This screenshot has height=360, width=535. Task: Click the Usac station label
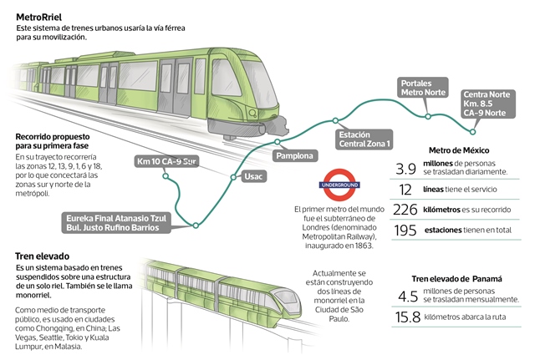coord(253,177)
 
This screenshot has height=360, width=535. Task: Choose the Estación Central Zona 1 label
coord(364,138)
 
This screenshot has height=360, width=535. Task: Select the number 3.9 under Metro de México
coord(406,167)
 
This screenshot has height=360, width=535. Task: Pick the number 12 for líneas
coord(406,189)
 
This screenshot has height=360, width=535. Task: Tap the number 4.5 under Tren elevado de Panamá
coord(408,297)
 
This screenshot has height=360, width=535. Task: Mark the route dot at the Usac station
coord(233,175)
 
